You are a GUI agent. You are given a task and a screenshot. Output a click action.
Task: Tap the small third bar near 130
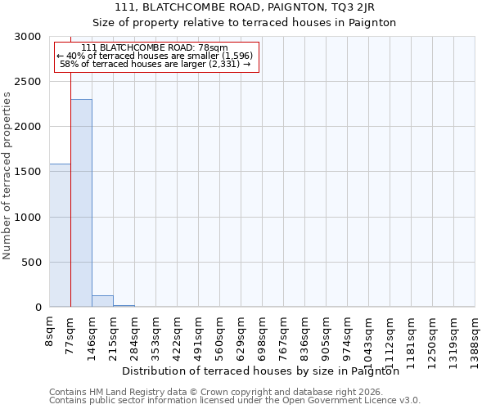102,301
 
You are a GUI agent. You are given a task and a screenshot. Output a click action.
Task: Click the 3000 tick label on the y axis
27,37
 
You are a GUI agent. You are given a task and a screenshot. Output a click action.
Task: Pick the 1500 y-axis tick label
27,173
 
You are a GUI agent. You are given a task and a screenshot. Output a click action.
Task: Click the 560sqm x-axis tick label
220,334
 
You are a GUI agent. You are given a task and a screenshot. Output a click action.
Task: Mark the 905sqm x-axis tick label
327,334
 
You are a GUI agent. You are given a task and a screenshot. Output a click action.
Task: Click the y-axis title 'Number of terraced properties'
7,175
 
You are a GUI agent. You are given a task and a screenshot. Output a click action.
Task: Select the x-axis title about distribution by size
265,371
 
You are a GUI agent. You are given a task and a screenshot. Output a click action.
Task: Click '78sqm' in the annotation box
212,47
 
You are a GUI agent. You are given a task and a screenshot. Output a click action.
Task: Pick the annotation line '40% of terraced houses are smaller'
157,56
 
